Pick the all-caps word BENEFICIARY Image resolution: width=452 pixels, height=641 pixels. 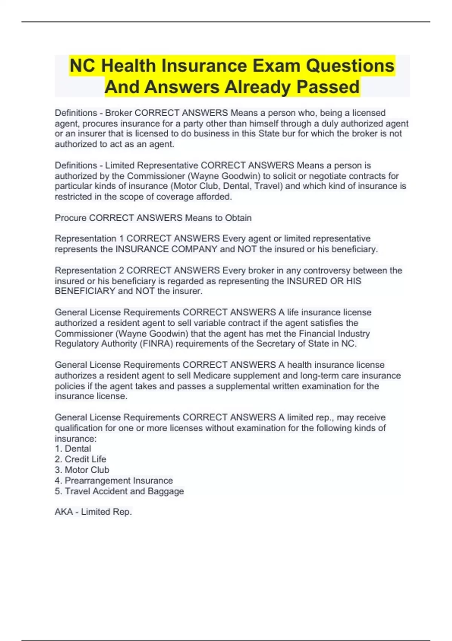[x=85, y=291]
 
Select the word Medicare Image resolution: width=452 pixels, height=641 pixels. [x=212, y=376]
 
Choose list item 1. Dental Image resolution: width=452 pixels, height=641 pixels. [x=73, y=449]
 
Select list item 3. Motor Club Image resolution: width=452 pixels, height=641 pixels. [x=82, y=470]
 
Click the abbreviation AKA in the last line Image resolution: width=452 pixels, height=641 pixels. [x=64, y=512]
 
